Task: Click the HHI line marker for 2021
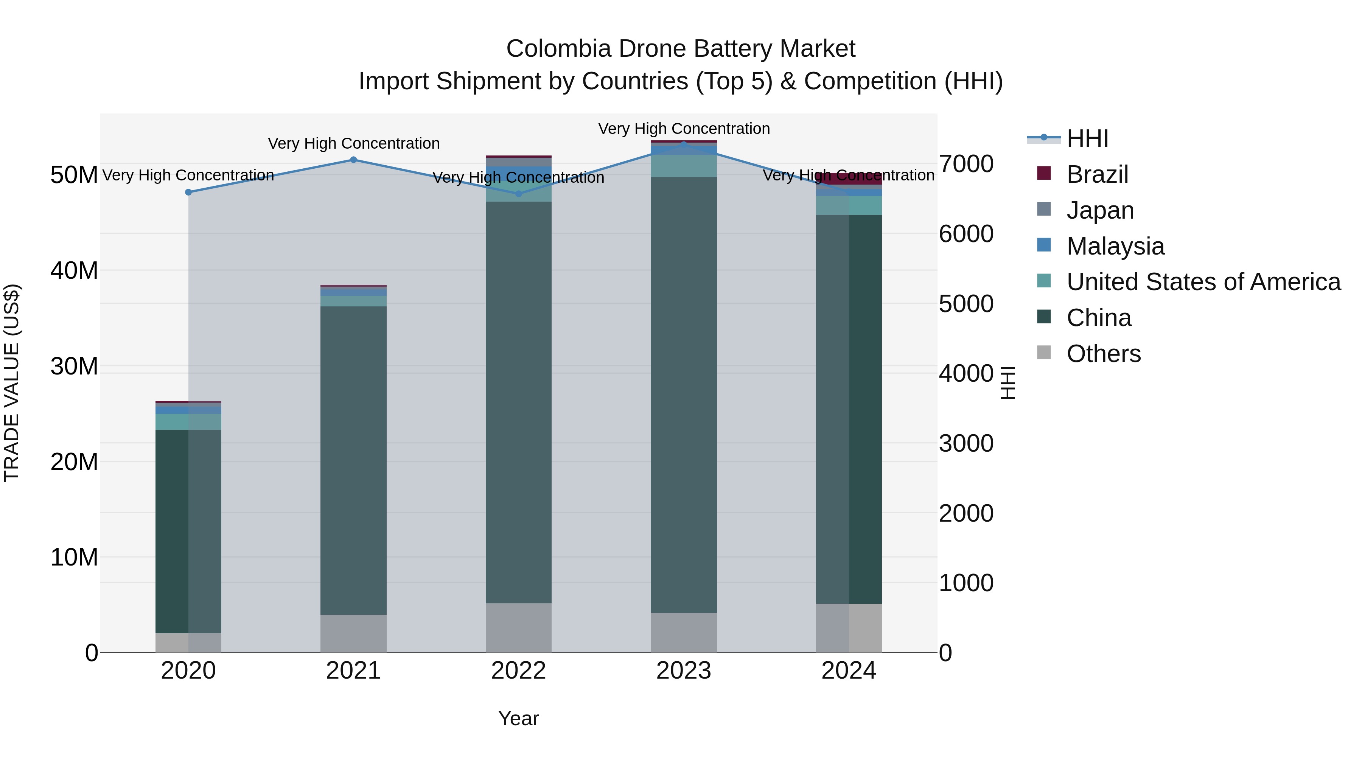(x=353, y=160)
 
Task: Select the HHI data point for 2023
(x=684, y=144)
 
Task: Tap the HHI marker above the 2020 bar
(x=188, y=192)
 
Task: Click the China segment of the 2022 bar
(x=518, y=402)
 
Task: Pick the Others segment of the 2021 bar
(x=353, y=633)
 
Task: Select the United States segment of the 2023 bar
(x=684, y=166)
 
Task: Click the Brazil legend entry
(x=1097, y=174)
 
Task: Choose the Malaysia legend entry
(x=1115, y=246)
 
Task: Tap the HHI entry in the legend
(x=1087, y=138)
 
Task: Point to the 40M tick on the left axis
(x=74, y=271)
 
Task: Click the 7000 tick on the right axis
(x=966, y=164)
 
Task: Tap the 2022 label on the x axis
(x=518, y=671)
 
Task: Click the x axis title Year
(x=518, y=718)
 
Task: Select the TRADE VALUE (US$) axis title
(x=12, y=383)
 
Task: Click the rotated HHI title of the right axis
(x=1008, y=383)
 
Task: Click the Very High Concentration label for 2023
(x=684, y=129)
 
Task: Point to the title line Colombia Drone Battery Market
(x=681, y=49)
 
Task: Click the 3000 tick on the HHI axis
(x=966, y=444)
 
